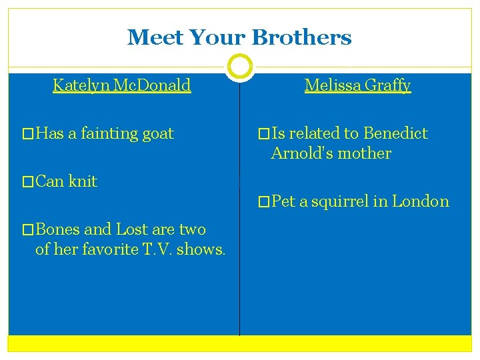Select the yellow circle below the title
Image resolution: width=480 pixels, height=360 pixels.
(x=240, y=67)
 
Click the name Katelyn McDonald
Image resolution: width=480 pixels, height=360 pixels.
(x=122, y=85)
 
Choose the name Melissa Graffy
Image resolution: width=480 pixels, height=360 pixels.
(x=357, y=85)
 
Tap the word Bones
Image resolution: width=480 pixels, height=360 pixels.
(x=58, y=229)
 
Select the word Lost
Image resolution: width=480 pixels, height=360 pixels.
(x=131, y=229)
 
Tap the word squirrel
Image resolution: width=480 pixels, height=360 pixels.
(x=339, y=201)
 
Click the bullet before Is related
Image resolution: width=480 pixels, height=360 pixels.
(x=265, y=134)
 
